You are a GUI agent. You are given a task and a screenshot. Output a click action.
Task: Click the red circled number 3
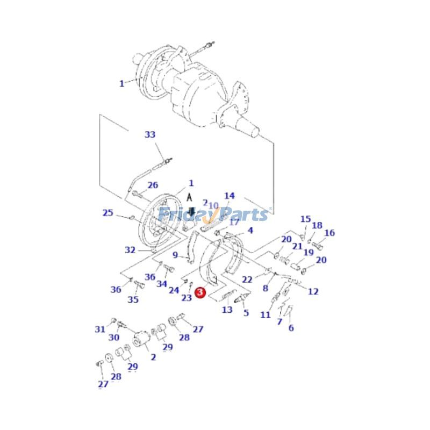tap(199, 293)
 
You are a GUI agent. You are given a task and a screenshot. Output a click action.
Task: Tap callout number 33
tap(150, 135)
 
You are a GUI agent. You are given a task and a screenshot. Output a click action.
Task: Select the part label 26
tap(153, 185)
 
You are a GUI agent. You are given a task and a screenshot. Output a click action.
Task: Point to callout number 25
tap(108, 213)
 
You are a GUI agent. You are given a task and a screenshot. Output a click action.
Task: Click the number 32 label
tap(130, 250)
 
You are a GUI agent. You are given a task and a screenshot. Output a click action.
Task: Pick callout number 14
tap(230, 196)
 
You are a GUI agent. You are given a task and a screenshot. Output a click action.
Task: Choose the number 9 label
tap(175, 255)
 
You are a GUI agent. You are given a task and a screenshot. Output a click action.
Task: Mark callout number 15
tap(305, 219)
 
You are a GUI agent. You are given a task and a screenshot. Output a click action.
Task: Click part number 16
tap(329, 233)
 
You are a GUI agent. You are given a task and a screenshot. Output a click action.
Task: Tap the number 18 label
tap(317, 226)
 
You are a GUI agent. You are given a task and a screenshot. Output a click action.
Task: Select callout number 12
tap(313, 291)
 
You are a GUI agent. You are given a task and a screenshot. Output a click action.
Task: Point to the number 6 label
tap(291, 327)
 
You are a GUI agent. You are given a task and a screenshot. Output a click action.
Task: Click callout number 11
tap(266, 315)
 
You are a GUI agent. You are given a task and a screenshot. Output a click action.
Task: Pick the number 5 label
tap(246, 312)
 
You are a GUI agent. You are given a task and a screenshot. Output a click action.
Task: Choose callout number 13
tap(227, 310)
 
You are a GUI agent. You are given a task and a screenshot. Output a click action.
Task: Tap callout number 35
tap(133, 300)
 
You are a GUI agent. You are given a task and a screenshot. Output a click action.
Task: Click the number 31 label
tap(100, 329)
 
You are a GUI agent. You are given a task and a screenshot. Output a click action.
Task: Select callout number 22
tap(247, 279)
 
